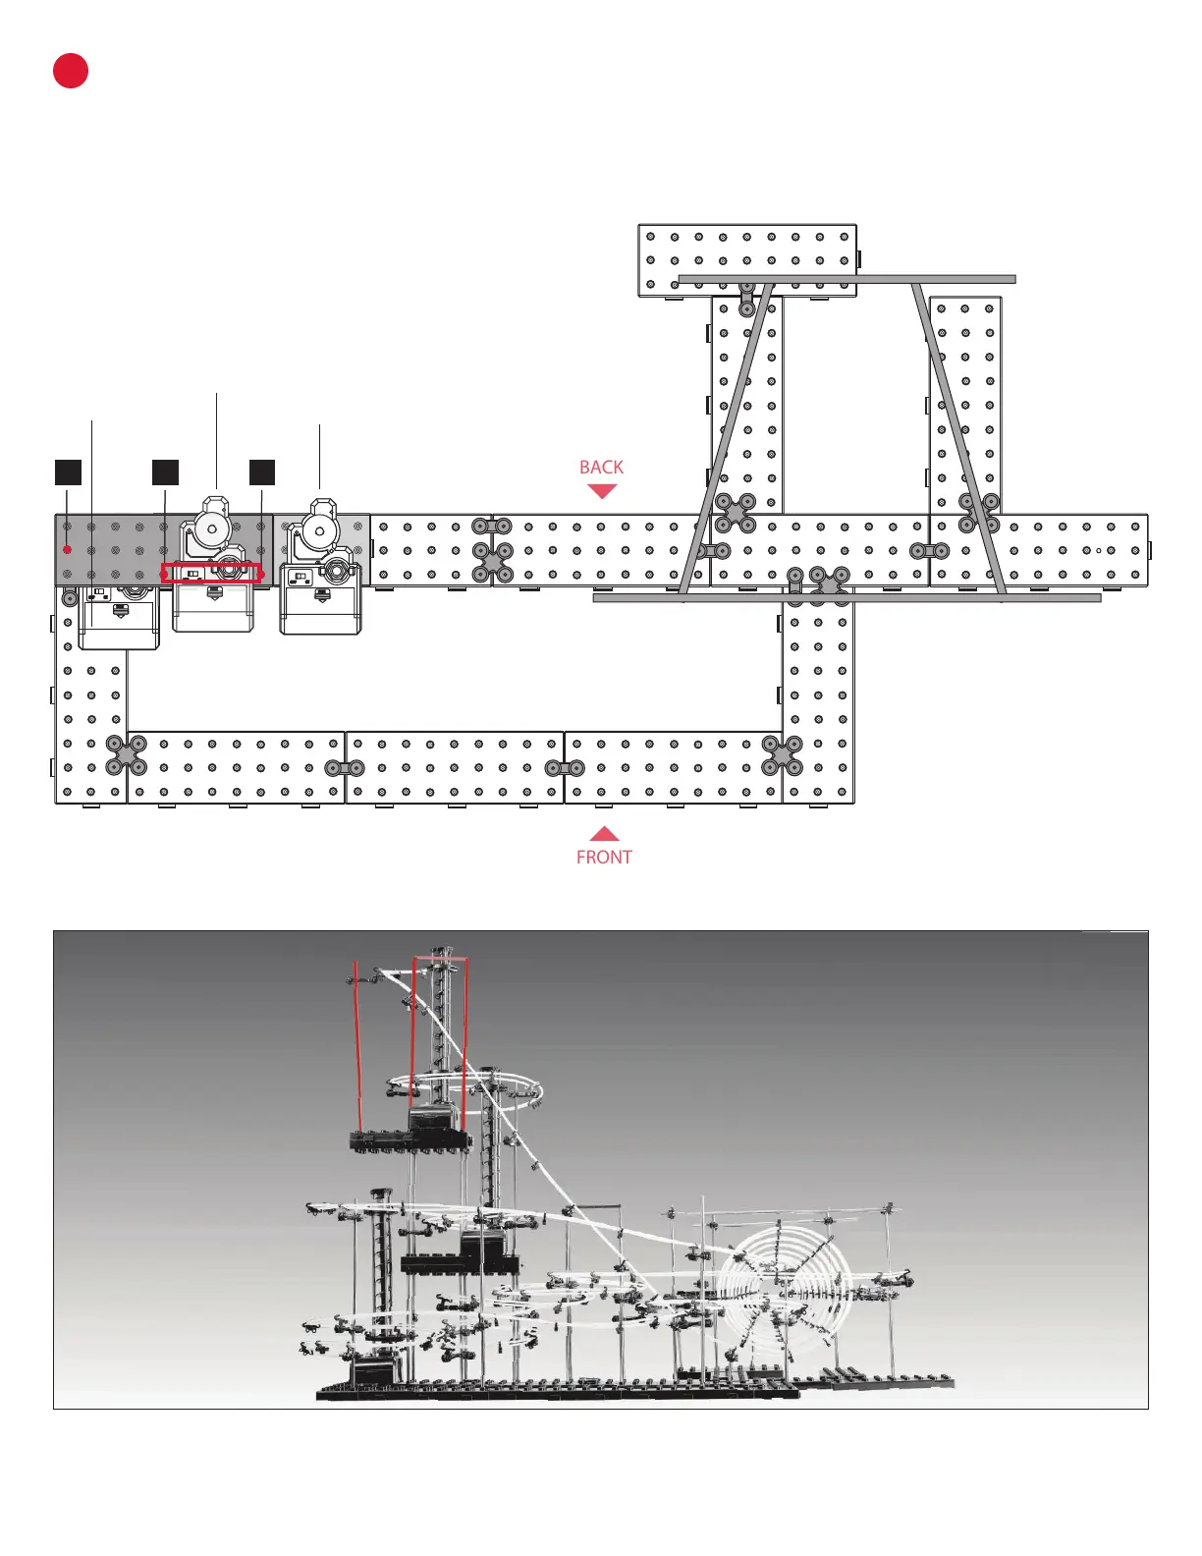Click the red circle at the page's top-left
click(x=71, y=71)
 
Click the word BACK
click(x=601, y=468)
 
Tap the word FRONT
click(x=604, y=858)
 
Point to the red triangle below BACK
click(x=601, y=490)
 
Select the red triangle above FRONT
click(x=604, y=834)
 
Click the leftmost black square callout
click(x=68, y=472)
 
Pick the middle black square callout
click(x=165, y=472)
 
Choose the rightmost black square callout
click(x=262, y=472)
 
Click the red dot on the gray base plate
click(x=67, y=549)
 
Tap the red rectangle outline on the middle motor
click(x=212, y=573)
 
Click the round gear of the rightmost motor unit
click(x=319, y=531)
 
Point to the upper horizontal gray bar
click(x=847, y=279)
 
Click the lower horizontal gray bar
click(x=847, y=597)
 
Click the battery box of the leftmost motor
click(x=119, y=620)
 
